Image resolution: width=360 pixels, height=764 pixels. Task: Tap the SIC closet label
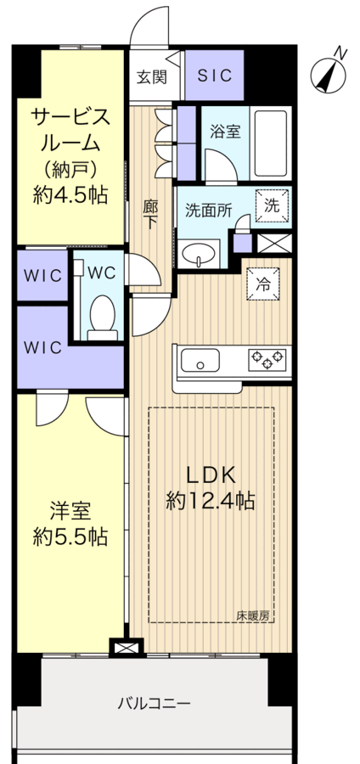coord(214,76)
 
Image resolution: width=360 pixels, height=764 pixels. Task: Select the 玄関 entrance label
coord(151,77)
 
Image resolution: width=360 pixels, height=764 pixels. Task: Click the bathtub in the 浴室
coord(270,143)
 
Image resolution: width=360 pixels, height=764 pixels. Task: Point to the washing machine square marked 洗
coord(273,206)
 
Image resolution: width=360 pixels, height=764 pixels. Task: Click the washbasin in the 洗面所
coord(199,253)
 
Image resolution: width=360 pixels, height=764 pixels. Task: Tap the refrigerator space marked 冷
coord(263,284)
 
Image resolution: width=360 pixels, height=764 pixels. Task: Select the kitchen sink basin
coord(200,361)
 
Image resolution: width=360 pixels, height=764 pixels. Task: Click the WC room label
coord(102,272)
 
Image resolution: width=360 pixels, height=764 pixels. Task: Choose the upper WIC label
coord(42,275)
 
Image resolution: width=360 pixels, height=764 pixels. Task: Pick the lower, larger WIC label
coord(42,347)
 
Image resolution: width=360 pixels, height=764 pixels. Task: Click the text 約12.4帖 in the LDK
coord(210,500)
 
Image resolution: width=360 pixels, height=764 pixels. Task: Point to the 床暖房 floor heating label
coord(253,615)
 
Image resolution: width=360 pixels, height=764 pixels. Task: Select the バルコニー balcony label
coord(154,704)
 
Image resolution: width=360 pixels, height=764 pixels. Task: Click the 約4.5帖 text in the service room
coord(70,195)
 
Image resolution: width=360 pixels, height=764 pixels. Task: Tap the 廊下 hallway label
coord(150,216)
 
